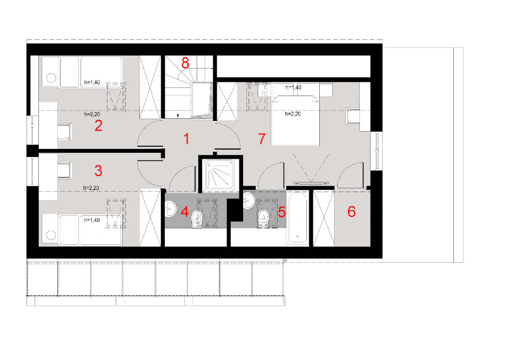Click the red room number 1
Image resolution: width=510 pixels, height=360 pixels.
pyautogui.click(x=186, y=139)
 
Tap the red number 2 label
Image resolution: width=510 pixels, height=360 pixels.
pyautogui.click(x=98, y=125)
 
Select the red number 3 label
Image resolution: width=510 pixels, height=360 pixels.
pyautogui.click(x=98, y=171)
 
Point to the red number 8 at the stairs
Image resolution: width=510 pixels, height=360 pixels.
pyautogui.click(x=185, y=63)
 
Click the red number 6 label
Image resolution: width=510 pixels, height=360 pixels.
pyautogui.click(x=351, y=212)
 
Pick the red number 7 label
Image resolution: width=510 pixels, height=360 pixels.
pyautogui.click(x=262, y=139)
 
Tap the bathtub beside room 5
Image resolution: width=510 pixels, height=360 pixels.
pyautogui.click(x=298, y=217)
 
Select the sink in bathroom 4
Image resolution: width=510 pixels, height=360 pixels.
pyautogui.click(x=171, y=208)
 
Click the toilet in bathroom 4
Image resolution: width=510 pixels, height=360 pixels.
pyautogui.click(x=197, y=219)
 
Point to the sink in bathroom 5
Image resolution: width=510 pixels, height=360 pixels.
pyautogui.click(x=249, y=201)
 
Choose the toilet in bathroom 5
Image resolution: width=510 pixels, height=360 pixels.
pyautogui.click(x=264, y=219)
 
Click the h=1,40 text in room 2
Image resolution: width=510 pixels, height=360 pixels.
pyautogui.click(x=92, y=82)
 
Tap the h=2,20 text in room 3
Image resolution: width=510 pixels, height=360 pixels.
pyautogui.click(x=91, y=188)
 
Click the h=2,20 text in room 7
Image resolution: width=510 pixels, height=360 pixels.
pyautogui.click(x=293, y=114)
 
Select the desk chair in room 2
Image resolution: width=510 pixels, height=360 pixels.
pyautogui.click(x=65, y=132)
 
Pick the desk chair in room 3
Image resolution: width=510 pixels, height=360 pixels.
pyautogui.click(x=64, y=171)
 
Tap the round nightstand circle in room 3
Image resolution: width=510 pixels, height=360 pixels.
pyautogui.click(x=51, y=235)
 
